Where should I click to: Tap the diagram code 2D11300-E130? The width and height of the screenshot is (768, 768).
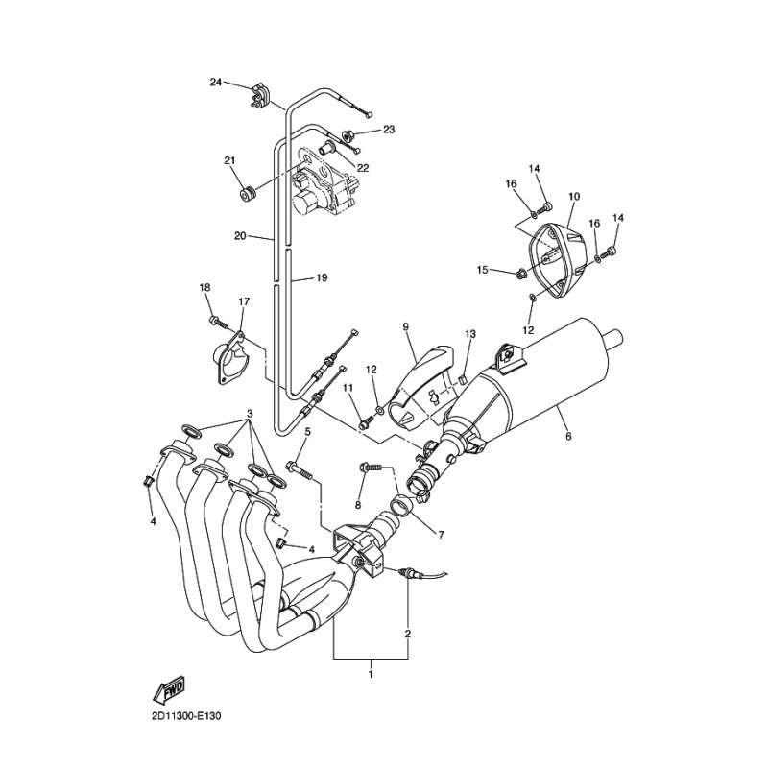[x=187, y=716]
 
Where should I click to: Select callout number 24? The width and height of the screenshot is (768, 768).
[x=216, y=83]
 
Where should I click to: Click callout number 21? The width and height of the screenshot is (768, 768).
[x=229, y=160]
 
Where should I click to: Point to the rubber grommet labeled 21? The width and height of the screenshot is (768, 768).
[x=249, y=195]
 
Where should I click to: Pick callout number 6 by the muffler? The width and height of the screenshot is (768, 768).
[x=568, y=436]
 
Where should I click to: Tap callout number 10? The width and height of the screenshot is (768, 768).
[x=574, y=197]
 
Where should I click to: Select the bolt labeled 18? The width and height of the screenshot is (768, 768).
[x=219, y=323]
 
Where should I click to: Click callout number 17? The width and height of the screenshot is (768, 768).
[x=244, y=301]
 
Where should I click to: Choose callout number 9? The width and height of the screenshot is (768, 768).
[x=405, y=326]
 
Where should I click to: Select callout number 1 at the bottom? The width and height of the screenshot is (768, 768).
[x=371, y=675]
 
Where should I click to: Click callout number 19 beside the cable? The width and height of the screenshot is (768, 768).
[x=322, y=278]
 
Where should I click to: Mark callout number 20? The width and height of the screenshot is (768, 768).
[x=240, y=236]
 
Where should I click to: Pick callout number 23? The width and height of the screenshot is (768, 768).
[x=389, y=130]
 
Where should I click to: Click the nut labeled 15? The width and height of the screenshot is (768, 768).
[x=521, y=273]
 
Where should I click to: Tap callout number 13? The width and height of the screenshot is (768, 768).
[x=470, y=334]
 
